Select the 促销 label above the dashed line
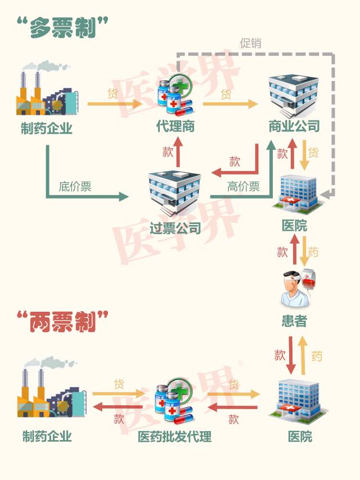click(250, 43)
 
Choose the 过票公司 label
click(175, 228)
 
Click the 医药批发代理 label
click(175, 436)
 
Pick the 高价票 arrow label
click(243, 187)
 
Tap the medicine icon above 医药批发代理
click(174, 400)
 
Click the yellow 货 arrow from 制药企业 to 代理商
click(115, 104)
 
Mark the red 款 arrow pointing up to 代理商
click(179, 151)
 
